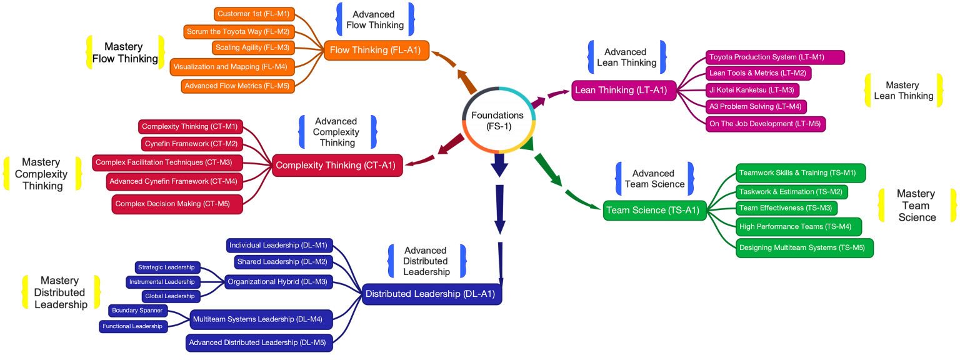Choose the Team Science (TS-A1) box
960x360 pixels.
pyautogui.click(x=652, y=211)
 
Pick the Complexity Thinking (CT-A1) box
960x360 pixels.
pyautogui.click(x=336, y=166)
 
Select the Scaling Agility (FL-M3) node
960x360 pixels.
pyautogui.click(x=252, y=47)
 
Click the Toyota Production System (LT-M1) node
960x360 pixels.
pyautogui.click(x=775, y=57)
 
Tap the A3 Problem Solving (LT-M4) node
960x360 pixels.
pyautogui.click(x=756, y=106)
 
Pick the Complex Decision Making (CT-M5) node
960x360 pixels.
pyautogui.click(x=176, y=204)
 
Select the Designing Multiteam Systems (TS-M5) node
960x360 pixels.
pyautogui.click(x=803, y=247)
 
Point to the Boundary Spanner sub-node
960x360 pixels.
pyautogui.click(x=137, y=311)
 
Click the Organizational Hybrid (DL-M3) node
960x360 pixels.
pyautogui.click(x=277, y=282)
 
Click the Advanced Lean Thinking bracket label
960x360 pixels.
pyautogui.click(x=626, y=57)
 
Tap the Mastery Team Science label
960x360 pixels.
pyautogui.click(x=916, y=206)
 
